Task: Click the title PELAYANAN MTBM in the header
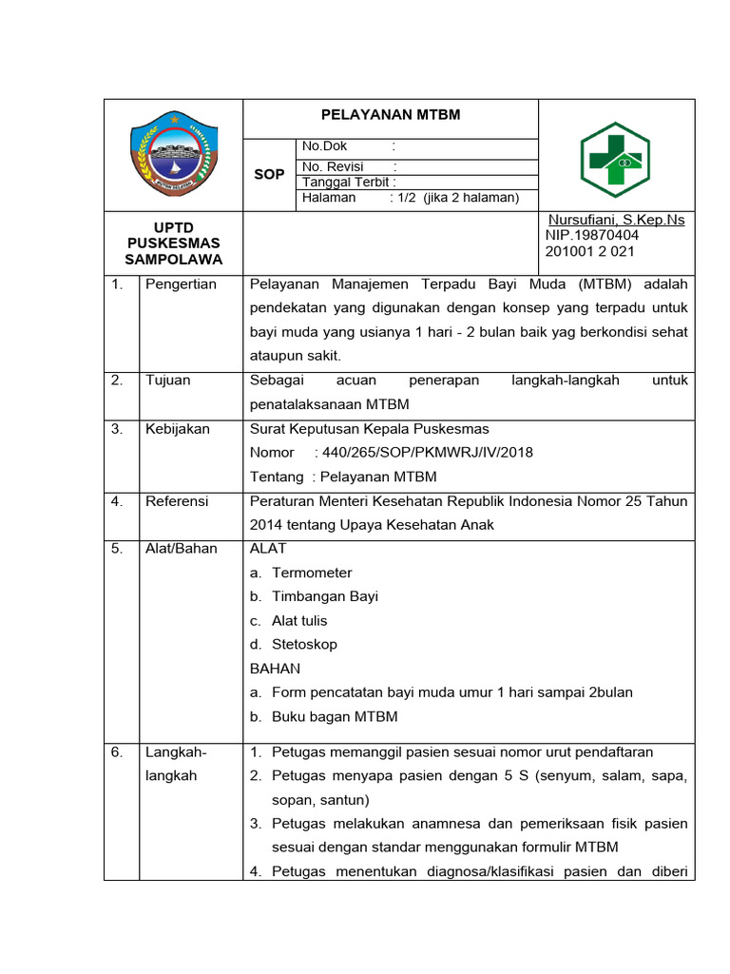click(x=390, y=115)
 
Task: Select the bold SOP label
click(x=269, y=175)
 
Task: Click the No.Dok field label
click(x=325, y=146)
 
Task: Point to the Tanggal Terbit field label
click(x=349, y=183)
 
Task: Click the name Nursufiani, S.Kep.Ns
click(x=615, y=220)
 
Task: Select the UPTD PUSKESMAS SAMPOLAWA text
click(x=173, y=243)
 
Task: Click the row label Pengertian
click(x=181, y=284)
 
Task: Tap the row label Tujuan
click(x=167, y=380)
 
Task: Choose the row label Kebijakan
click(x=177, y=429)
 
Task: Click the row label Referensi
click(x=177, y=501)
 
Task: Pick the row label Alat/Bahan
click(x=181, y=549)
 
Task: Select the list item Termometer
click(x=312, y=573)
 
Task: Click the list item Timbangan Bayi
click(x=325, y=596)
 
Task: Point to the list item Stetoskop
click(x=304, y=644)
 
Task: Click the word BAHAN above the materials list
click(x=275, y=669)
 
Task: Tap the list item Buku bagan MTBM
click(x=335, y=716)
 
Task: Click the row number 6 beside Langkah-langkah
click(x=116, y=752)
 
